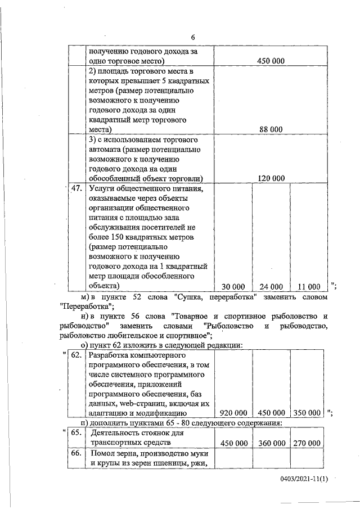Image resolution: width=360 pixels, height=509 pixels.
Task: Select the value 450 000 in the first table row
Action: (x=271, y=61)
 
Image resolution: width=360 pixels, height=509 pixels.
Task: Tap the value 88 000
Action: (x=271, y=129)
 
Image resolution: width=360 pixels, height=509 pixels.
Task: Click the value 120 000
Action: (x=271, y=178)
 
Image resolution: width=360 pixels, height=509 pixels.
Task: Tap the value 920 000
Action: (x=233, y=412)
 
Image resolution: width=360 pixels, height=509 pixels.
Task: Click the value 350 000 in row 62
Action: (x=307, y=412)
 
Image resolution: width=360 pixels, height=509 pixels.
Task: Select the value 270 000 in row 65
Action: (x=307, y=443)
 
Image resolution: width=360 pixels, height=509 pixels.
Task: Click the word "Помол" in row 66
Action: (x=103, y=453)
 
